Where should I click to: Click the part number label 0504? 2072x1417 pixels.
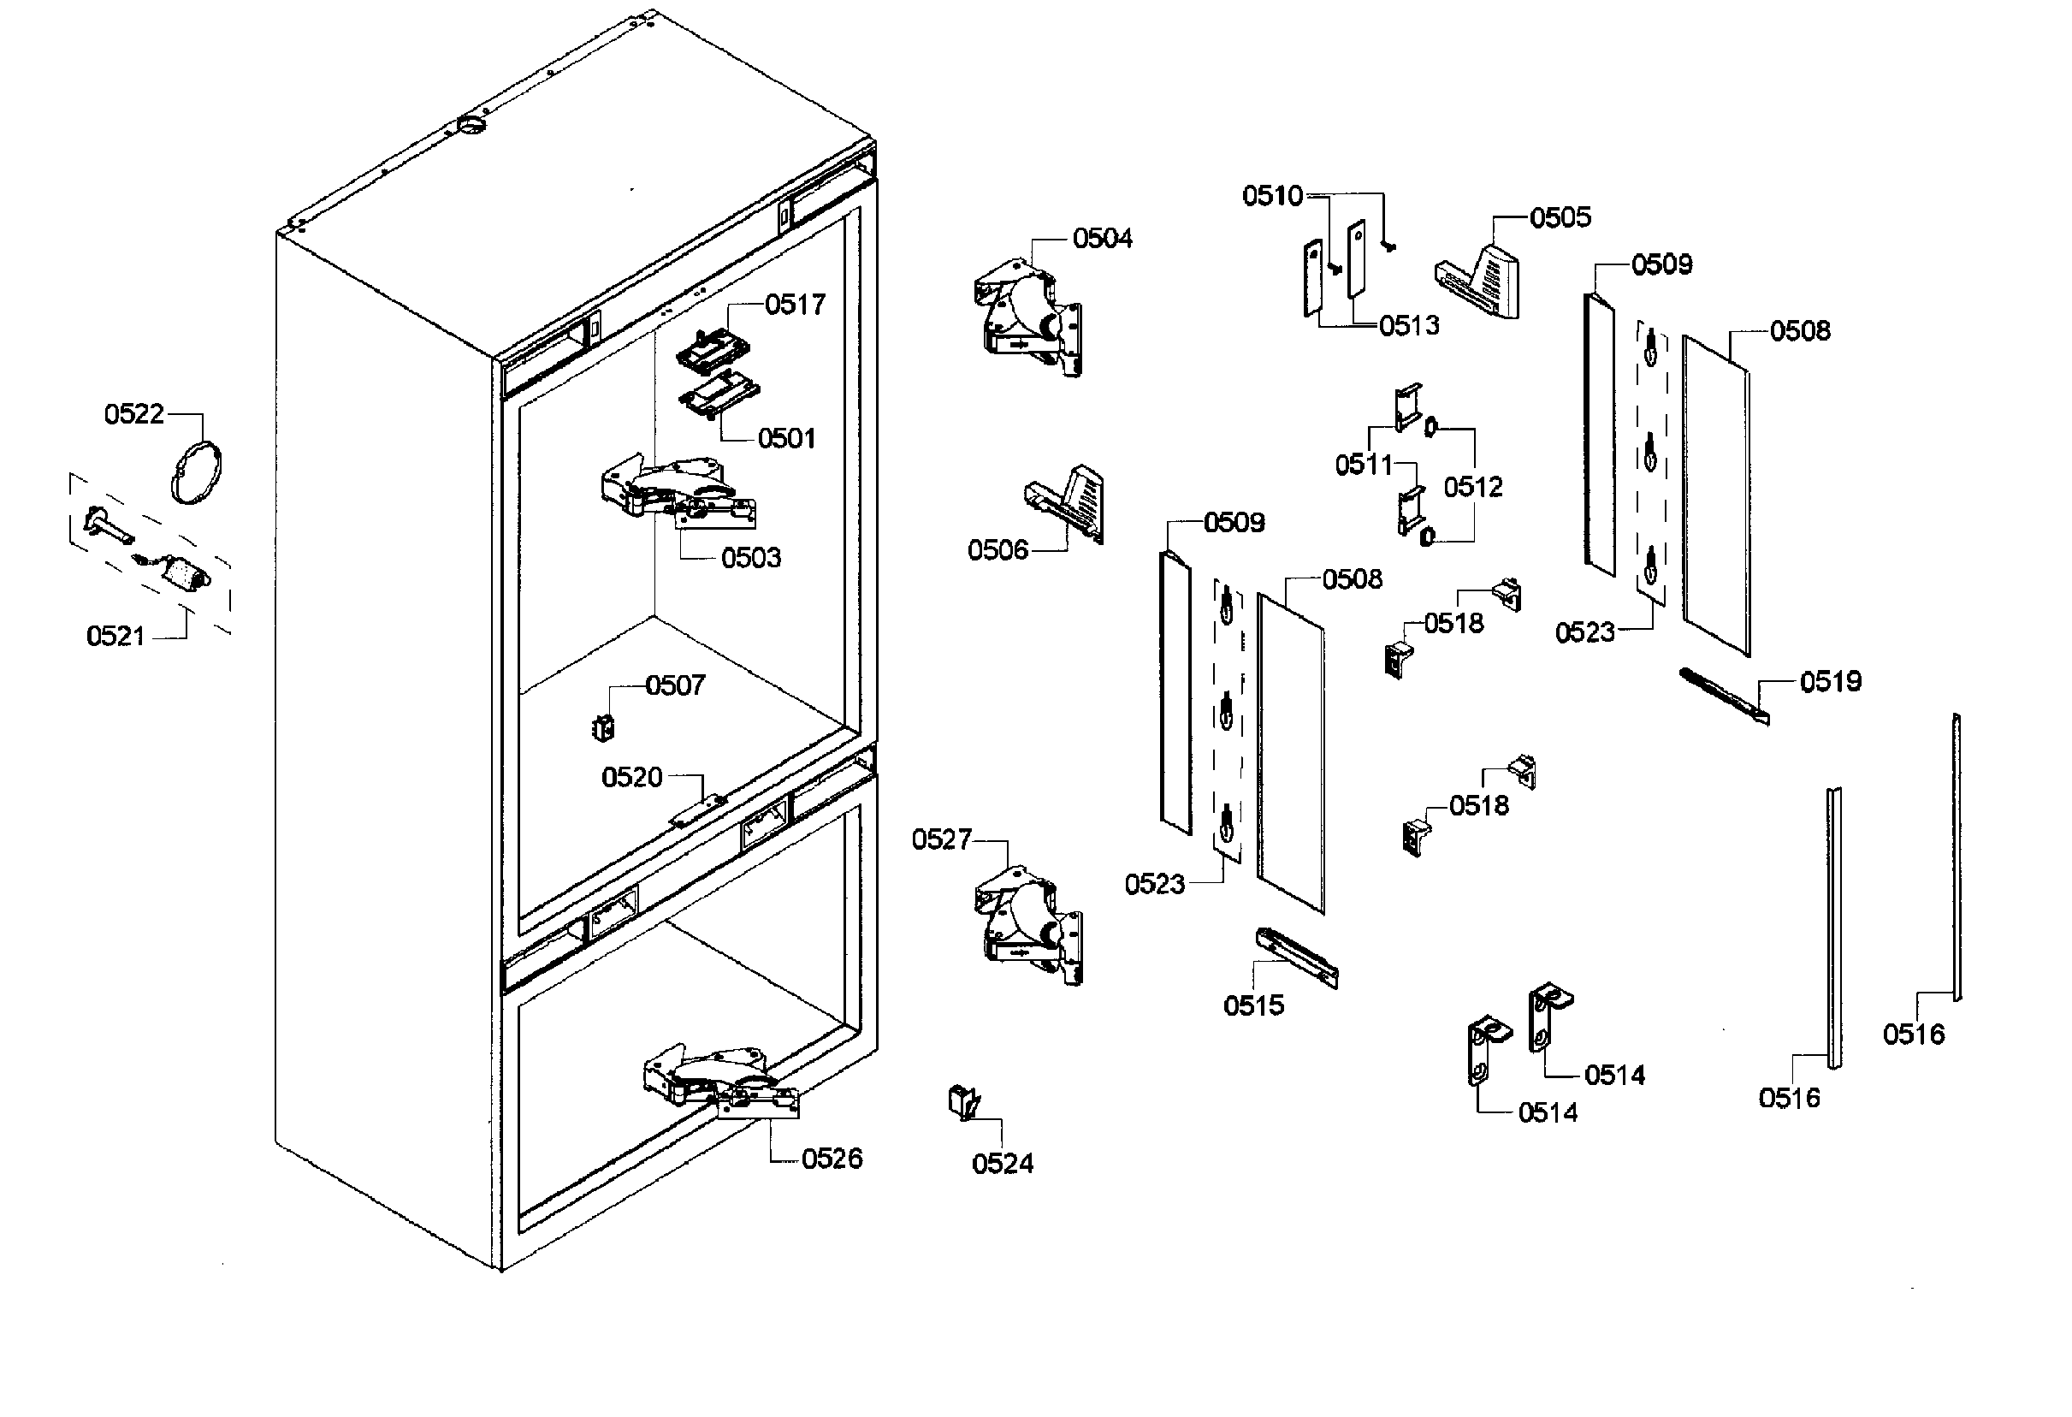[x=1102, y=238]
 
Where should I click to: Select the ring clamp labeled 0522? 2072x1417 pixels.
[x=196, y=472]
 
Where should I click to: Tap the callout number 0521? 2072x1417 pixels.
[x=115, y=636]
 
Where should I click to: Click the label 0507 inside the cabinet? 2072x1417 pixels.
[x=675, y=685]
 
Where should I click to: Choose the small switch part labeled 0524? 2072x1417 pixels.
[x=964, y=1102]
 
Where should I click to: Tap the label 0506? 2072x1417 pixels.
[x=998, y=550]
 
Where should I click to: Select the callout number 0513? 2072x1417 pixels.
[x=1409, y=325]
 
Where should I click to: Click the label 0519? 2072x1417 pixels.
[x=1831, y=681]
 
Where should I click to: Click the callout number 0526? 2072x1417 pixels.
[x=831, y=1159]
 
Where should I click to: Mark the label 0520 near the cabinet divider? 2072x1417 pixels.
[x=631, y=777]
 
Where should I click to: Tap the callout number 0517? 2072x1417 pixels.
[x=795, y=304]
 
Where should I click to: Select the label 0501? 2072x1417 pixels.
[x=786, y=438]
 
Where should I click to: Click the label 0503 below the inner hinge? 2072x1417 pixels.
[x=751, y=557]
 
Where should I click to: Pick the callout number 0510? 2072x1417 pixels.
[x=1272, y=195]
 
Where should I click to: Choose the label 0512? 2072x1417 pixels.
[x=1473, y=487]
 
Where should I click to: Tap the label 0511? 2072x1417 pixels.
[x=1363, y=465]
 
